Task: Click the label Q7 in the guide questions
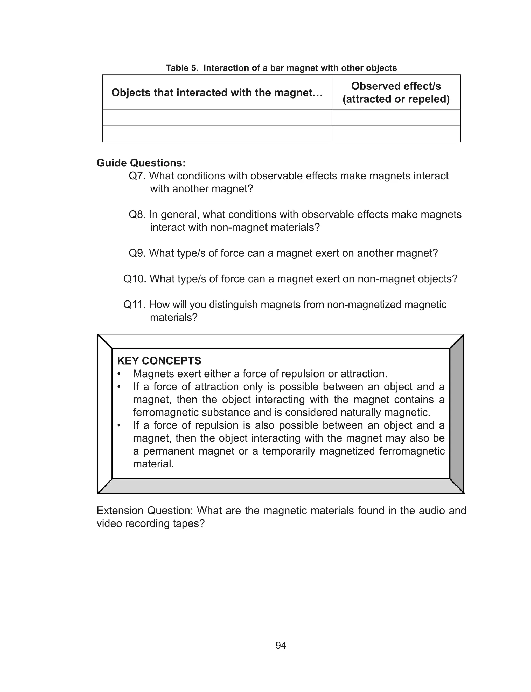click(137, 176)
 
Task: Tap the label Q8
click(137, 215)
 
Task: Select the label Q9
click(137, 253)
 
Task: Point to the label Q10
click(134, 279)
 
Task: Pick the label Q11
click(134, 305)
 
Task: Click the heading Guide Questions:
click(141, 163)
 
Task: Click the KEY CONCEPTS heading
click(159, 361)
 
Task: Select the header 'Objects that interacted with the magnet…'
click(217, 93)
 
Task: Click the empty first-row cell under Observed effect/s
click(396, 118)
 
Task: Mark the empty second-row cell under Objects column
click(217, 134)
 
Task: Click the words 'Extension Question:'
click(145, 511)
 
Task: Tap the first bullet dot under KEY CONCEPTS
click(119, 374)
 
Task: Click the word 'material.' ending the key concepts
click(153, 464)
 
